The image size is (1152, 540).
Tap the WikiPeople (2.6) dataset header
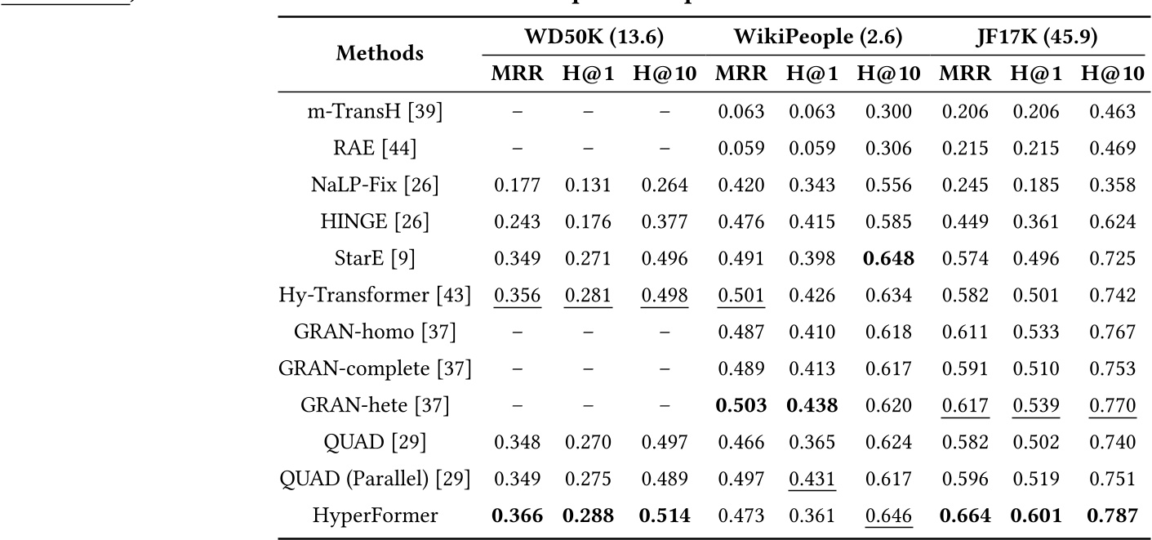point(817,37)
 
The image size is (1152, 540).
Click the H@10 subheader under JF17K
point(1112,74)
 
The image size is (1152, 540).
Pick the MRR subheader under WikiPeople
point(741,74)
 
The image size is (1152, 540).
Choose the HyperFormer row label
point(376,515)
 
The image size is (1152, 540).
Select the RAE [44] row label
point(376,150)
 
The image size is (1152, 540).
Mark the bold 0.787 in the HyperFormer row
point(1112,515)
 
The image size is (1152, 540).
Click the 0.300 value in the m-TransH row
point(887,112)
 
